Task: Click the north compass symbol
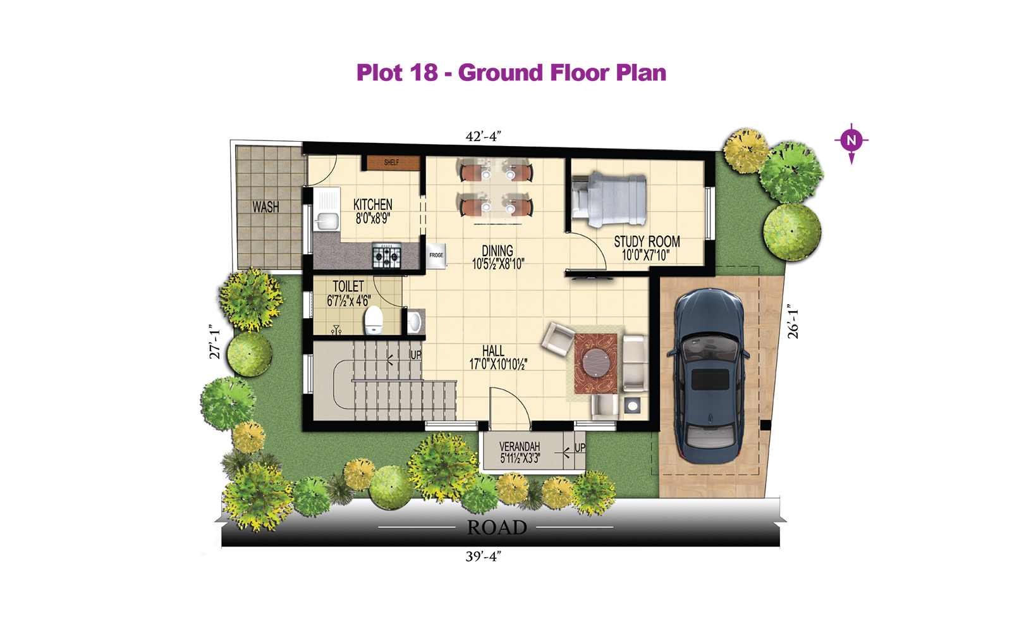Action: (851, 142)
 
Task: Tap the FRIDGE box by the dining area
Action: (436, 256)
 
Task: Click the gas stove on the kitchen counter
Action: (387, 256)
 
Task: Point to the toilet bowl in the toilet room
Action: (374, 320)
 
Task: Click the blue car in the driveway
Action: (709, 376)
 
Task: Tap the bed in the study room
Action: (609, 200)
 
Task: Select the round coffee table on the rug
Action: (595, 364)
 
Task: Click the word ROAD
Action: (497, 527)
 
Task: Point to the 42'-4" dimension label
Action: (483, 137)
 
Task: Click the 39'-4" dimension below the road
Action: (483, 557)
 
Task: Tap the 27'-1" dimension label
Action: (214, 342)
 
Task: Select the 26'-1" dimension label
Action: (793, 321)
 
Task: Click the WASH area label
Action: (265, 207)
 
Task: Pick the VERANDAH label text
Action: (520, 446)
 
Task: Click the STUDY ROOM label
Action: (647, 242)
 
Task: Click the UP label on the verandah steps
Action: (580, 448)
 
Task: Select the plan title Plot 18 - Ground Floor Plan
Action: (511, 73)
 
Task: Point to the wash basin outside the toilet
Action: (415, 321)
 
